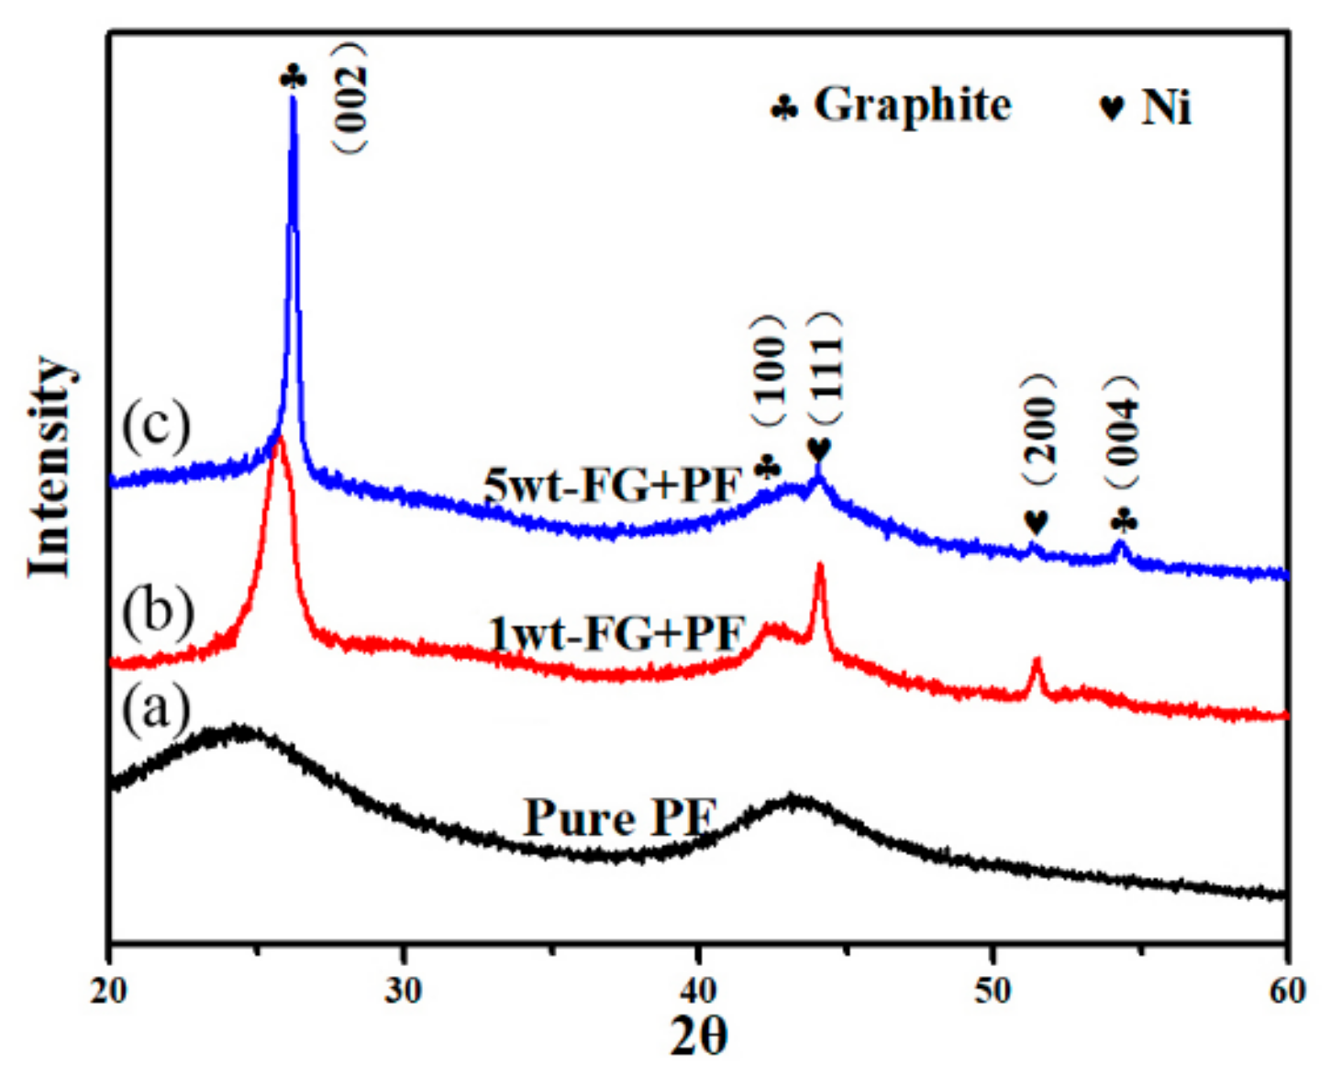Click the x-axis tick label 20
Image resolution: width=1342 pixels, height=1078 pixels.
109,991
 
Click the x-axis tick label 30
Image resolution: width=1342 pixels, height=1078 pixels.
403,991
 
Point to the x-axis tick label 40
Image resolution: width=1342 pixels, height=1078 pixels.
699,991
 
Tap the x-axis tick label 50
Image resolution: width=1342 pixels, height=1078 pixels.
993,991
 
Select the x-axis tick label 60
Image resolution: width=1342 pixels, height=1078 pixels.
1287,991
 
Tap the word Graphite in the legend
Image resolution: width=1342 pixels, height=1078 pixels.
912,105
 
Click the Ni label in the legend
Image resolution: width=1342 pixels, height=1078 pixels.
1166,107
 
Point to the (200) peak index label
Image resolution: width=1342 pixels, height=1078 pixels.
1039,429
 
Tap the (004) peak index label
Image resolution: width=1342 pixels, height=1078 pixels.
1121,431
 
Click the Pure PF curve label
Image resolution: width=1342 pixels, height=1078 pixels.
619,817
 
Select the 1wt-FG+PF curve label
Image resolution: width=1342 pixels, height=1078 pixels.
617,634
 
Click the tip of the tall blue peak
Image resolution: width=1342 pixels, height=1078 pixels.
294,97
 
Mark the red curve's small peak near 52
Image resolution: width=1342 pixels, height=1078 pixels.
1037,660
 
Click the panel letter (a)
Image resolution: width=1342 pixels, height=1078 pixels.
156,709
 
